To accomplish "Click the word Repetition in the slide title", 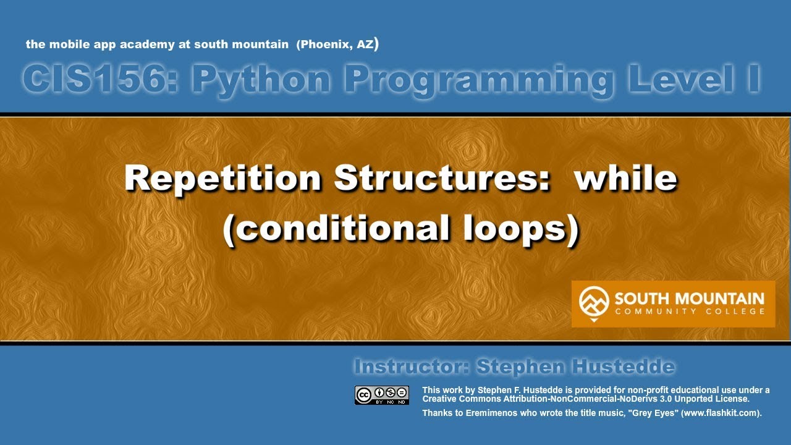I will click(223, 179).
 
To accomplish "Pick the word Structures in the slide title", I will click(442, 179).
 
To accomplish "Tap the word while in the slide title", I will click(625, 179).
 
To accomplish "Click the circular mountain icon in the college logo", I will click(593, 302).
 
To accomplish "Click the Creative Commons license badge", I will click(381, 395).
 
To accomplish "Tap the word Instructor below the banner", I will click(410, 367).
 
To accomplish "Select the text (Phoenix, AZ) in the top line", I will click(337, 44).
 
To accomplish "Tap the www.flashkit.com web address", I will click(719, 413).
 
